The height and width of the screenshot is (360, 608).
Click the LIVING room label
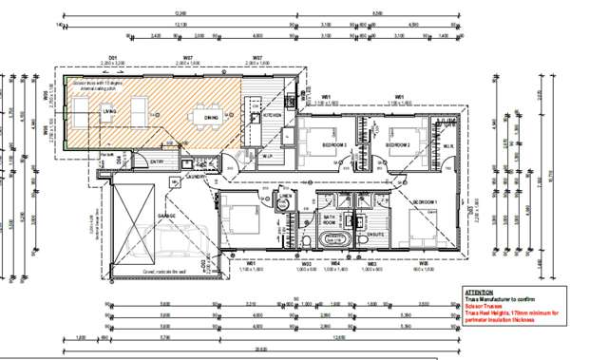click(109, 111)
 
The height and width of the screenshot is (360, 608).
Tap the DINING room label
click(211, 117)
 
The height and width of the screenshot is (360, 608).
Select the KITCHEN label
click(273, 114)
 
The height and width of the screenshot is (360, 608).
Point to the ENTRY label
click(157, 161)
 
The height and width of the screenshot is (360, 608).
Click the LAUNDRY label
click(197, 177)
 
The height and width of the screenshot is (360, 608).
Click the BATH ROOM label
click(331, 218)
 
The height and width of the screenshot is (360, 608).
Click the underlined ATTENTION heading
click(479, 292)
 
